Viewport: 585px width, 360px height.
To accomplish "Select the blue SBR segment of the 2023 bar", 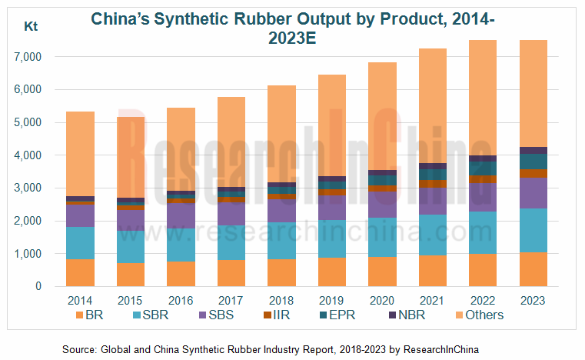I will [x=533, y=230].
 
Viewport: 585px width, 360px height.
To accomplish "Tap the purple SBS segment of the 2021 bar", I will [x=432, y=201].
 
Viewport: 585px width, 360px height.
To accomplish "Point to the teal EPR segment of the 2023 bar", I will [x=533, y=161].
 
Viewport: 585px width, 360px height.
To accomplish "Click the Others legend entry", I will [x=476, y=315].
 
